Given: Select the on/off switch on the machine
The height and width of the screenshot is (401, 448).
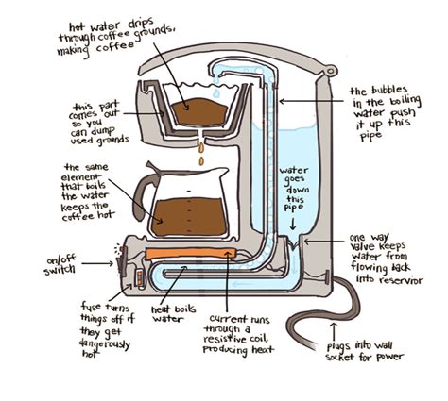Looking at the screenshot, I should click(x=121, y=255).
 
